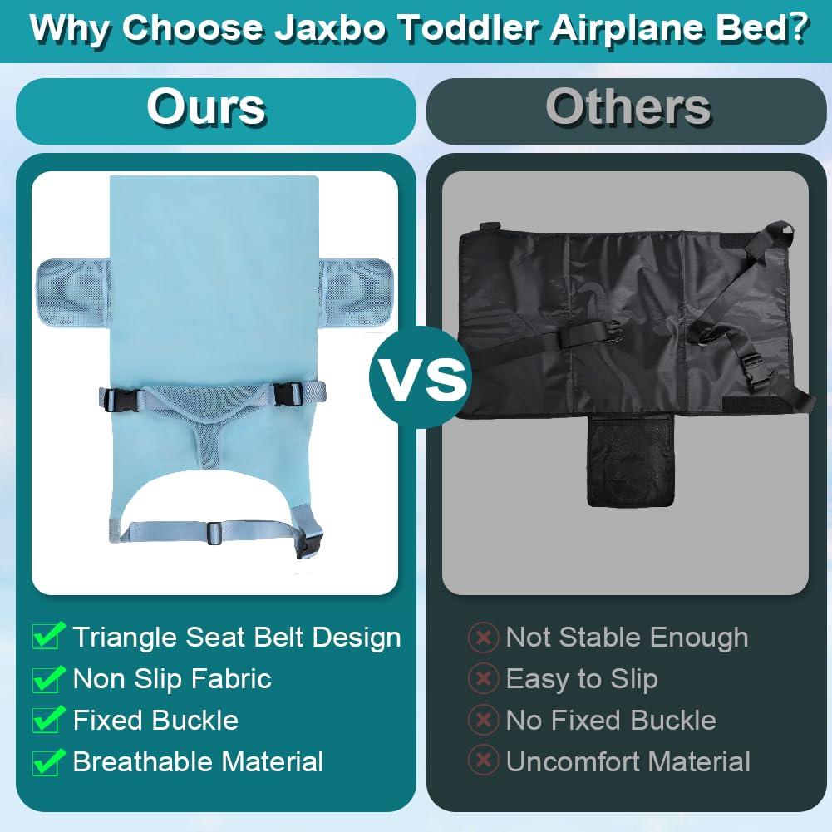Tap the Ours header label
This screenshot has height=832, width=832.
206,107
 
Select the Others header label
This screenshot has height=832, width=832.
628,107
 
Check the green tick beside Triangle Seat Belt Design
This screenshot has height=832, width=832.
49,637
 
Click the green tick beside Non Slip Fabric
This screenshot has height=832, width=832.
49,678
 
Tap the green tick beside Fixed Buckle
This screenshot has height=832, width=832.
49,720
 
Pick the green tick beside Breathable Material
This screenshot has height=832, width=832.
49,761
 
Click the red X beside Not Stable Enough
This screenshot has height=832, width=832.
483,638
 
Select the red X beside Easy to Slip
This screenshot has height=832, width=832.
483,679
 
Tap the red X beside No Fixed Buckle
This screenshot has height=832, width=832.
483,720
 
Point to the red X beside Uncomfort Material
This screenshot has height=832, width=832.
483,761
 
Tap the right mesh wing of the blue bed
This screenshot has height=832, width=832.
356,290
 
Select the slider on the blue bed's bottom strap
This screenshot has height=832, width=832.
214,532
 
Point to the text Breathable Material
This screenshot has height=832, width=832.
198,761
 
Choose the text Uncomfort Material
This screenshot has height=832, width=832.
628,761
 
